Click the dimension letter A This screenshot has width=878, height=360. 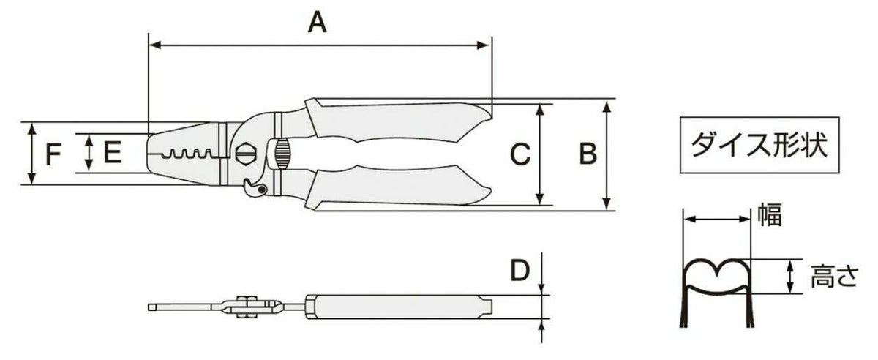click(317, 23)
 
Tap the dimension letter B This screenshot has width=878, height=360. click(588, 154)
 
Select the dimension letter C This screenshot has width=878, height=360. click(520, 154)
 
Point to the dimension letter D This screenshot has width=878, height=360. click(519, 269)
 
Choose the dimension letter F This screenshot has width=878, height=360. click(53, 154)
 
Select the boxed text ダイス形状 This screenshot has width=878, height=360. click(759, 145)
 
